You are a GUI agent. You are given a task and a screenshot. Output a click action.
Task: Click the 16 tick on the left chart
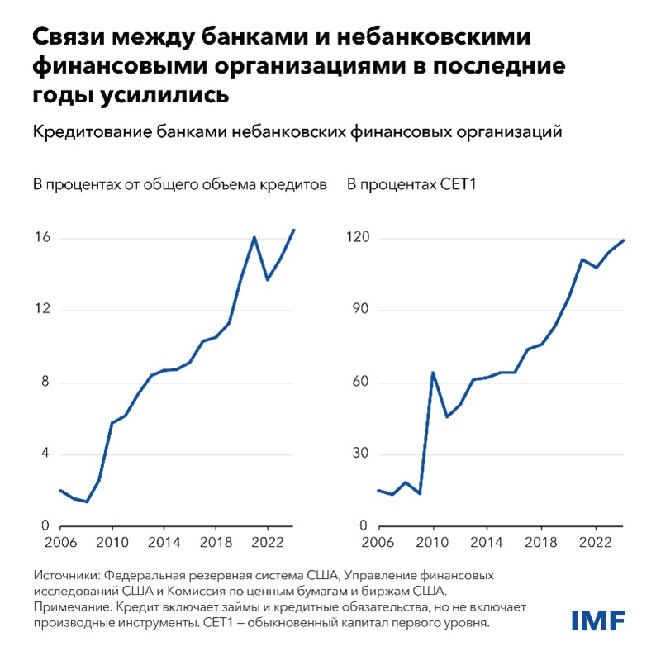(42, 238)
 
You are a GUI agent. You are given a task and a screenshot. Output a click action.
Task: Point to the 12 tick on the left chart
(42, 310)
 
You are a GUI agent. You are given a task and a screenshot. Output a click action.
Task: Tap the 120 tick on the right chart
(357, 238)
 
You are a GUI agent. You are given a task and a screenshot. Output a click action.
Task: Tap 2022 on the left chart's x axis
(267, 541)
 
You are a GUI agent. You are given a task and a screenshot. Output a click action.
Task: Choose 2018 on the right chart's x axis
(542, 541)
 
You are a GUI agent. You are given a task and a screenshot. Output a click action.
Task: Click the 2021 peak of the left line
(254, 238)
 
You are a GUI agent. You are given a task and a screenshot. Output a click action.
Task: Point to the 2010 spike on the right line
(433, 373)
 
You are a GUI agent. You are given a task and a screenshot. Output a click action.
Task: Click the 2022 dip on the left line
(267, 279)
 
